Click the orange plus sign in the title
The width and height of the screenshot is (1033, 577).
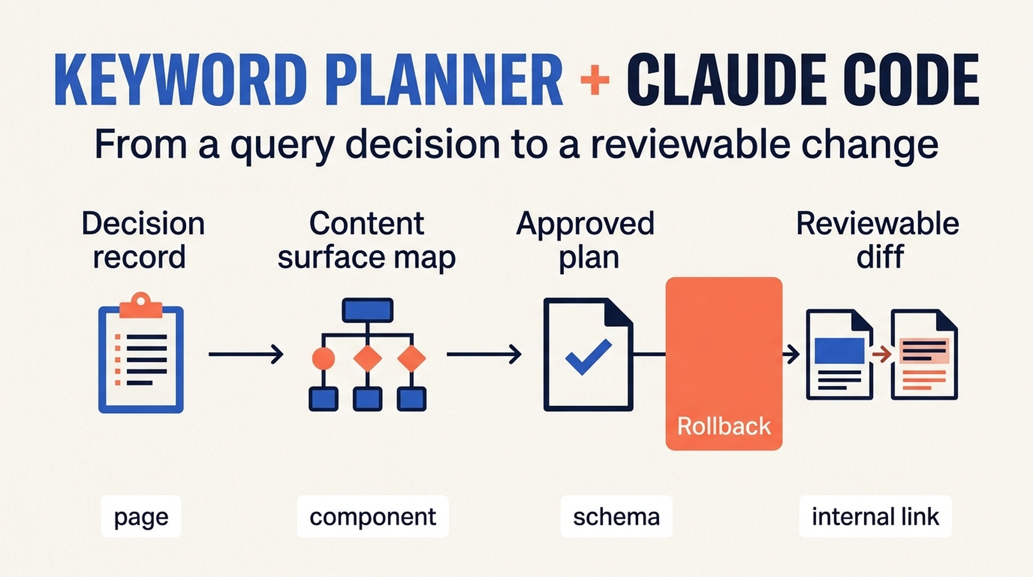(x=594, y=81)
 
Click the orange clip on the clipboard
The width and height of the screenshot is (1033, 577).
(x=141, y=305)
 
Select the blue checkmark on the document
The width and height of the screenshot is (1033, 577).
(x=588, y=356)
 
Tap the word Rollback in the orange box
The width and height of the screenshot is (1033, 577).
(x=724, y=426)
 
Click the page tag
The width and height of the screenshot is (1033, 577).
(x=141, y=516)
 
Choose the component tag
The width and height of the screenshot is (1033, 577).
(x=373, y=516)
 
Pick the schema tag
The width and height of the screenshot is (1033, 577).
(x=616, y=516)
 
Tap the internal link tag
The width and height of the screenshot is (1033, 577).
(x=875, y=516)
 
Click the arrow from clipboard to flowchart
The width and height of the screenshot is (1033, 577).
(x=246, y=354)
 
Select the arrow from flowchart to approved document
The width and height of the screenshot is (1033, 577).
(x=484, y=354)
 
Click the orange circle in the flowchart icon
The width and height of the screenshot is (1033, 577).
(x=323, y=358)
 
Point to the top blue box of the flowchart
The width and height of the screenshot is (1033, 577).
(x=368, y=310)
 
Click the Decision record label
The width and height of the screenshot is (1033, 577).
(x=142, y=240)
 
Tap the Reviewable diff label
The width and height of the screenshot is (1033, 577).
(x=878, y=240)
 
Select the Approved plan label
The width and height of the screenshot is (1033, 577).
(x=586, y=240)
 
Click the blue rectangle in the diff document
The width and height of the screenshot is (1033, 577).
(x=840, y=350)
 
